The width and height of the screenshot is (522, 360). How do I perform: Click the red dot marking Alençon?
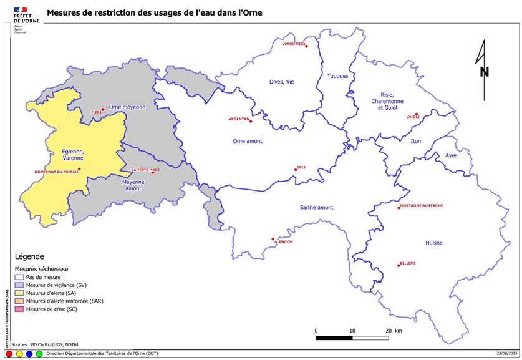pyautogui.click(x=273, y=238)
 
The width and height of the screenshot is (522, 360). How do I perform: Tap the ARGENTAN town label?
pyautogui.click(x=239, y=118)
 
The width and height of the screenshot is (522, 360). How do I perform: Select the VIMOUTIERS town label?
pyautogui.click(x=294, y=44)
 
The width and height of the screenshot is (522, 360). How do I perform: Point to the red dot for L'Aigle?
pyautogui.click(x=416, y=114)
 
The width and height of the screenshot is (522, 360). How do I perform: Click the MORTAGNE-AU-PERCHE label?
pyautogui.click(x=421, y=205)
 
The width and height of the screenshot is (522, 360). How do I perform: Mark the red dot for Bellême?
pyautogui.click(x=398, y=266)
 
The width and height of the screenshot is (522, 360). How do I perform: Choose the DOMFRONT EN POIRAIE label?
pyautogui.click(x=57, y=172)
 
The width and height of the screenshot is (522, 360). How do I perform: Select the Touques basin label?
pyautogui.click(x=337, y=76)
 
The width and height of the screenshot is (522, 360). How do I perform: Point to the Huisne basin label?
pyautogui.click(x=433, y=243)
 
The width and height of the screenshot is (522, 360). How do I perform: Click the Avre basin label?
pyautogui.click(x=451, y=156)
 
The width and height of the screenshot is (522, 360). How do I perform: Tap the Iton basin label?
pyautogui.click(x=416, y=141)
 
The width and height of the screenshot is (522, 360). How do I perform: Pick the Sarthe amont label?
pyautogui.click(x=316, y=207)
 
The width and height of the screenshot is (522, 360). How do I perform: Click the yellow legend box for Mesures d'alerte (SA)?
pyautogui.click(x=19, y=293)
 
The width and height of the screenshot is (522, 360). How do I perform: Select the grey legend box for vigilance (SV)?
pyautogui.click(x=19, y=285)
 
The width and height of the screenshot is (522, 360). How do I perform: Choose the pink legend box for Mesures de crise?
pyautogui.click(x=19, y=309)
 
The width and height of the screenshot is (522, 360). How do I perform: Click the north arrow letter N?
pyautogui.click(x=484, y=72)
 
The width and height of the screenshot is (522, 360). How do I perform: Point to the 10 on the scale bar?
pyautogui.click(x=352, y=331)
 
